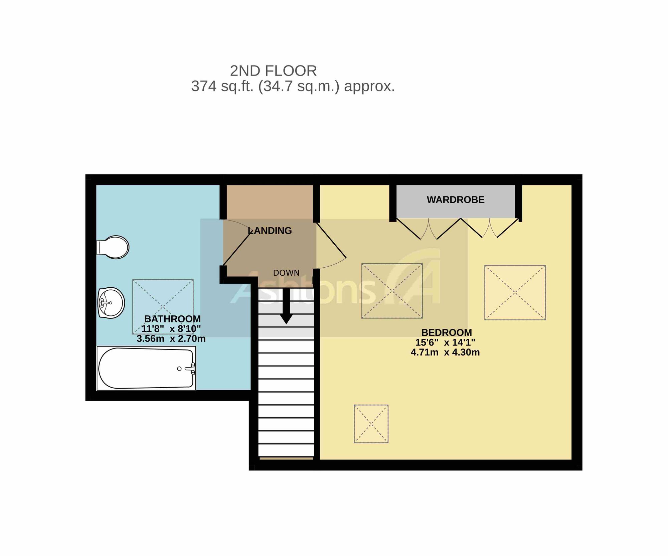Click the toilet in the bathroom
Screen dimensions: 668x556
click(113, 247)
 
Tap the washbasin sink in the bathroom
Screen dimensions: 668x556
click(111, 303)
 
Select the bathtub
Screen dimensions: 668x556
click(146, 368)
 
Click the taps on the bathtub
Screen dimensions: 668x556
click(191, 369)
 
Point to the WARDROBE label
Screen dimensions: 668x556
click(456, 200)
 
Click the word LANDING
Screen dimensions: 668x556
click(270, 231)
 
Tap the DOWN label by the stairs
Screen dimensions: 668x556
click(286, 273)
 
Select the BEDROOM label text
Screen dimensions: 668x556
click(447, 332)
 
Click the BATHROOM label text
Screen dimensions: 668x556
click(172, 319)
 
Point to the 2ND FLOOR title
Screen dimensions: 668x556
click(273, 71)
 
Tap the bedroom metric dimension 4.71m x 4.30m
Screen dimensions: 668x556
click(445, 352)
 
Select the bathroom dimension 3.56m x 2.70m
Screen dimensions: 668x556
click(171, 338)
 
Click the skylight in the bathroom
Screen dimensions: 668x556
click(163, 307)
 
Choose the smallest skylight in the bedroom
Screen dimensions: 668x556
click(371, 424)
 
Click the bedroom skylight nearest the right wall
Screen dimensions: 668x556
click(515, 293)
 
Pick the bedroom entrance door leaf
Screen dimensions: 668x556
click(331, 240)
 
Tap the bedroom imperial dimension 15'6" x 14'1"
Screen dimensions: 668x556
click(445, 342)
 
